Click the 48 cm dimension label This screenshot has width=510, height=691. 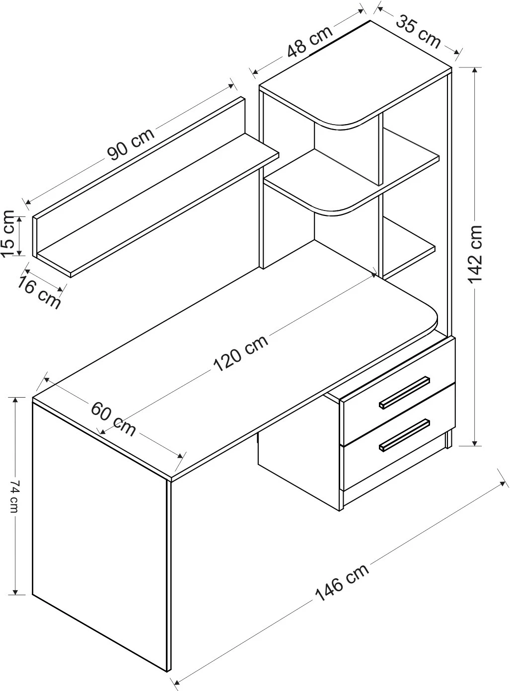point(309,42)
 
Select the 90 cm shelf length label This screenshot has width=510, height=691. point(131,144)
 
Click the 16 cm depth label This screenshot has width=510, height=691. point(38,292)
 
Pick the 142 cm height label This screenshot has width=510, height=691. point(475,254)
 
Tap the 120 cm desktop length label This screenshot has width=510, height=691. point(240,353)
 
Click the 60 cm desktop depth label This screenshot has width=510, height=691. point(113,419)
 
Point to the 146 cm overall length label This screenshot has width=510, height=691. point(342,582)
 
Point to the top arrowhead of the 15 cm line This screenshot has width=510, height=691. point(20,219)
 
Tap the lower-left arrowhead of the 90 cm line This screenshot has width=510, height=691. point(28,201)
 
